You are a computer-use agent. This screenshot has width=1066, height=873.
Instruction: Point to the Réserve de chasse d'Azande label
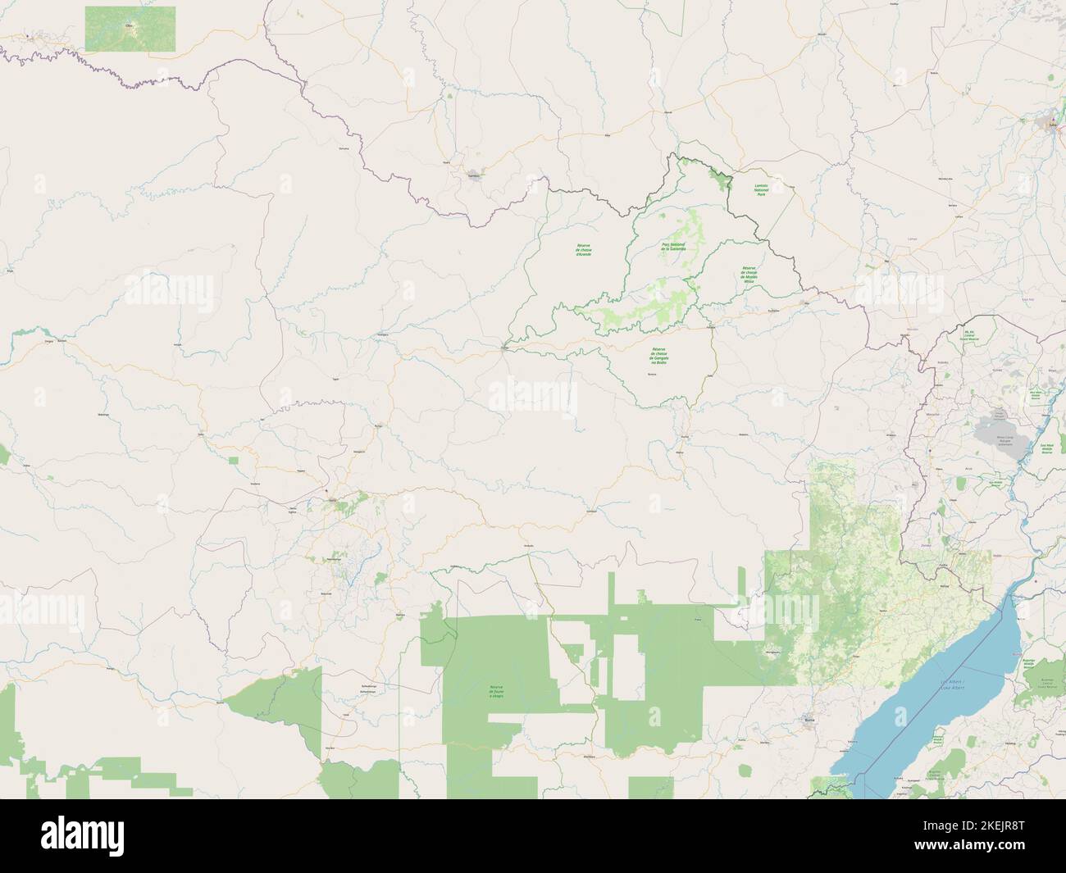pyautogui.click(x=583, y=250)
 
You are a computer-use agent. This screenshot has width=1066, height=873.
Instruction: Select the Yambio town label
pyautogui.click(x=473, y=174)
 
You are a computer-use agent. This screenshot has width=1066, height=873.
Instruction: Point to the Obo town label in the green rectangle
pyautogui.click(x=128, y=25)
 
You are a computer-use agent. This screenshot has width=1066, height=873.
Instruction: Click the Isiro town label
pyautogui.click(x=333, y=500)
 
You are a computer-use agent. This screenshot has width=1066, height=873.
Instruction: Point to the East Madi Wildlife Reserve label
pyautogui.click(x=1045, y=448)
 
